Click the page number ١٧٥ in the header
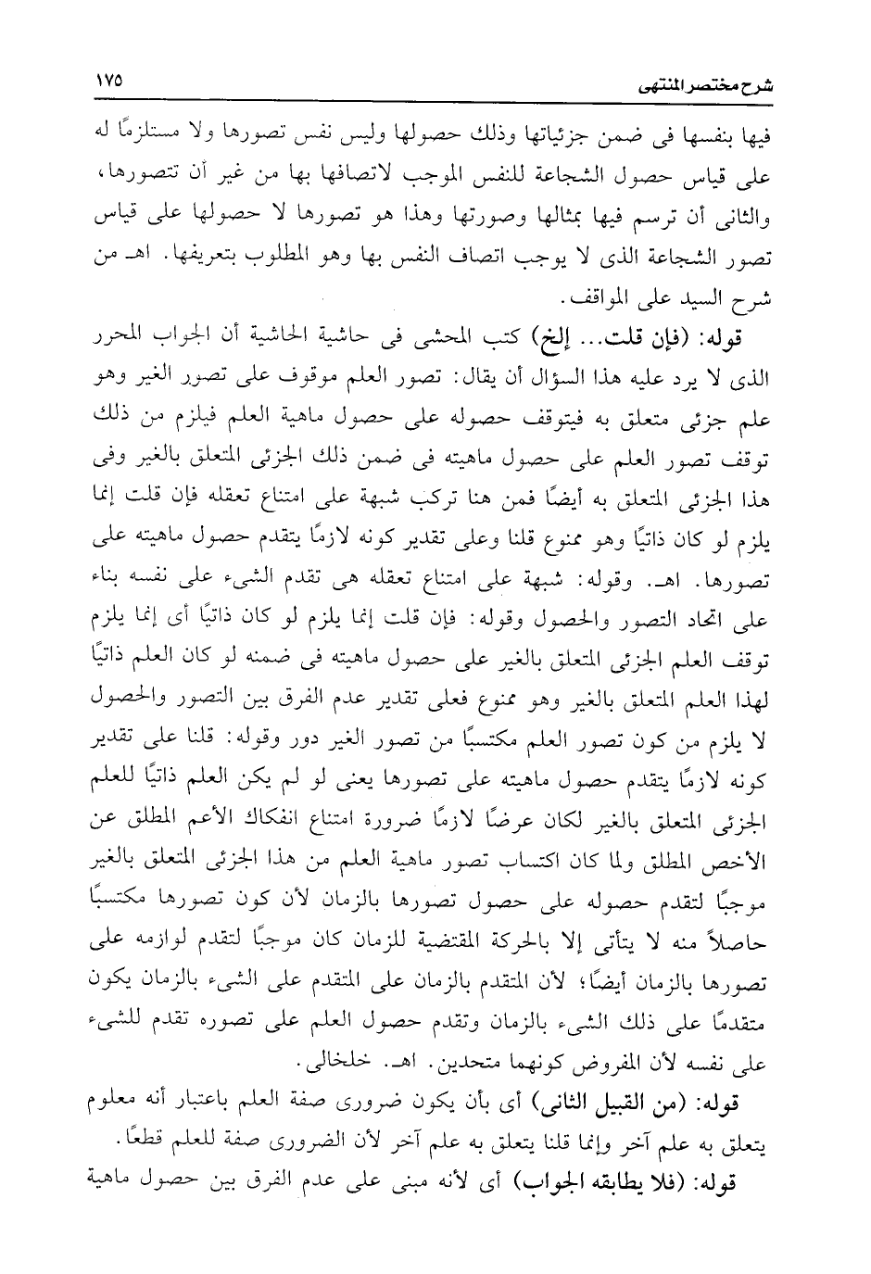coord(110,82)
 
